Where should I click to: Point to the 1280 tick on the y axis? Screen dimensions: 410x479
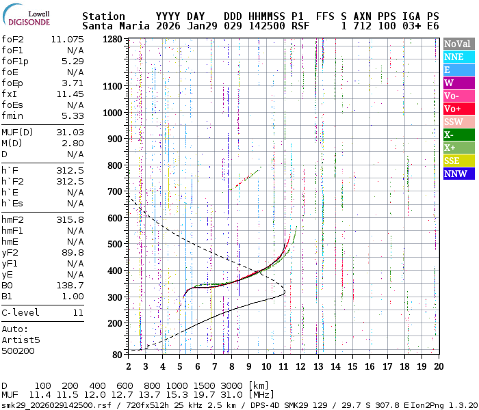coord(114,40)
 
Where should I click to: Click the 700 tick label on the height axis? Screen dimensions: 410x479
coord(116,191)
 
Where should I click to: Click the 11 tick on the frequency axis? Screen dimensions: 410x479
coord(282,366)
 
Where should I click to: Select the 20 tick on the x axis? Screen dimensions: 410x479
coord(438,366)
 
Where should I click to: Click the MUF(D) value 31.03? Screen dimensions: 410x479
coord(70,132)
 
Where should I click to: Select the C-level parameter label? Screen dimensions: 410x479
coord(21,312)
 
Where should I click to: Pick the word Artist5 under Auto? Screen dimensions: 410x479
coord(21,339)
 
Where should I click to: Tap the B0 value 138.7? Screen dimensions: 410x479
coord(70,285)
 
